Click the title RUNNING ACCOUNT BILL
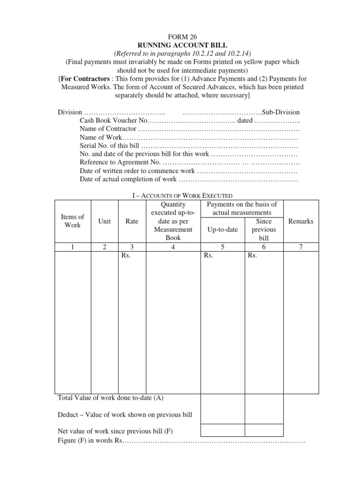coord(182,45)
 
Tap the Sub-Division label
coord(281,112)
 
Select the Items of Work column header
coord(73,221)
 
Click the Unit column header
coord(105,221)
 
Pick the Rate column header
coord(132,221)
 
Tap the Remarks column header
coord(301,221)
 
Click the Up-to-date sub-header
coord(223,230)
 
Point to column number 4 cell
coord(173,247)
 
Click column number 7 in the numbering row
coord(301,247)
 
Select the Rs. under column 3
coord(126,256)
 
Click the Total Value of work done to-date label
coord(110,398)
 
